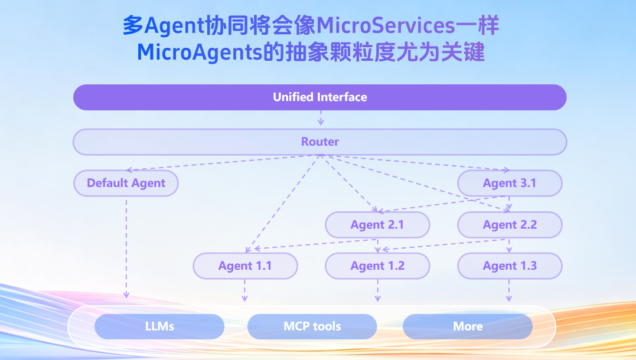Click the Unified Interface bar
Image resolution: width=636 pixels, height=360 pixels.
(x=319, y=97)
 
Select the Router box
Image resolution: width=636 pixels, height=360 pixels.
(x=319, y=142)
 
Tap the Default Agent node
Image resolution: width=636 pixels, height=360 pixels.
(x=126, y=183)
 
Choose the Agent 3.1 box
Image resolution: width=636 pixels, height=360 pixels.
(x=510, y=183)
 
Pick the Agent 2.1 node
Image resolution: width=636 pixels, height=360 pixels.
(x=377, y=225)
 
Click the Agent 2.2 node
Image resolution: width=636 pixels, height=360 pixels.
(x=510, y=225)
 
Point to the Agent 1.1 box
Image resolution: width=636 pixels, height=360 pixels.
(x=245, y=266)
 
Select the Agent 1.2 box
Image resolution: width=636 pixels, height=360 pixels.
(x=377, y=266)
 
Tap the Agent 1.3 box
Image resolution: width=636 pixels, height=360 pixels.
(x=510, y=266)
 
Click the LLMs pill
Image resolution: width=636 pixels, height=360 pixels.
(x=159, y=326)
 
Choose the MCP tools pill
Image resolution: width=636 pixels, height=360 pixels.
(x=312, y=326)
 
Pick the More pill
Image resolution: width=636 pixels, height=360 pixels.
(x=468, y=326)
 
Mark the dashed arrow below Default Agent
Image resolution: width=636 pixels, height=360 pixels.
(x=126, y=248)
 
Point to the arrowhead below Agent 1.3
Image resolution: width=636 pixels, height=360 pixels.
(x=510, y=299)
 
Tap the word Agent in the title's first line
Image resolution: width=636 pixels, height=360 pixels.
(x=171, y=26)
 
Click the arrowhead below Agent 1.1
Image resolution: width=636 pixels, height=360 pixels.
(x=245, y=299)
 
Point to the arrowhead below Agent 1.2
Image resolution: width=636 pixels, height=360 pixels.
(x=378, y=299)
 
